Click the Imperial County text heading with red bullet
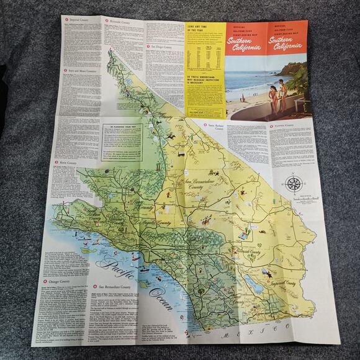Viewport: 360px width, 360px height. pos(81,19)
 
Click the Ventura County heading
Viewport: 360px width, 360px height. pos(286,127)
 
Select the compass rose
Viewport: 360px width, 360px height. pos(294,184)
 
